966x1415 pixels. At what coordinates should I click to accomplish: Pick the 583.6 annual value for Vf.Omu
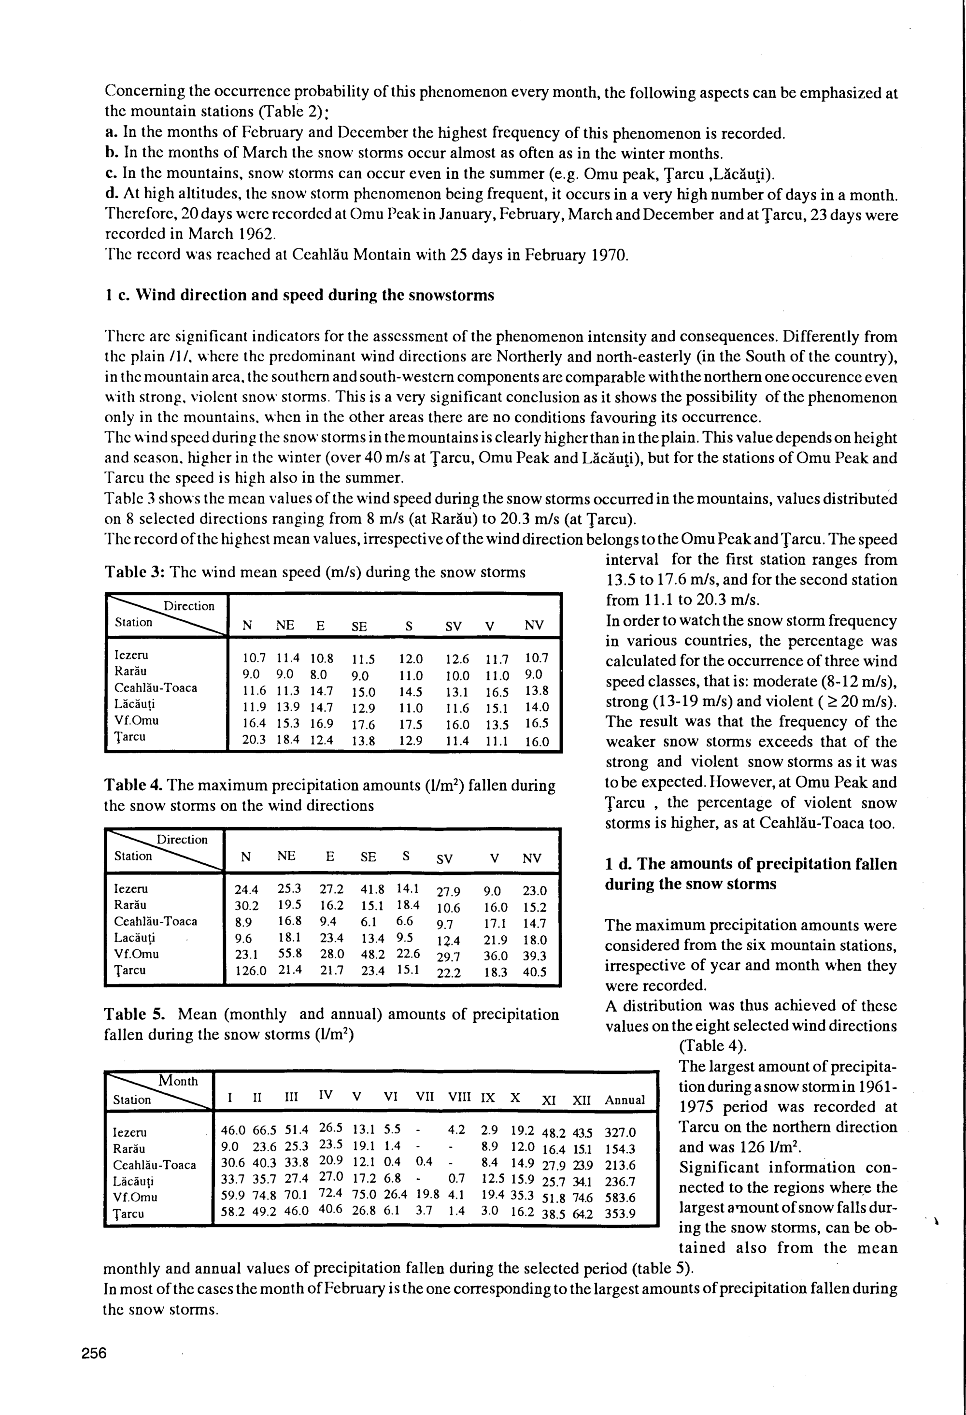pos(620,1197)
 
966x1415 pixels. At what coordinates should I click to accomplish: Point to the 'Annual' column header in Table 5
pos(625,1100)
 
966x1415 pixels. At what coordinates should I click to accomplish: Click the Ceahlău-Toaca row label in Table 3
pos(156,688)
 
